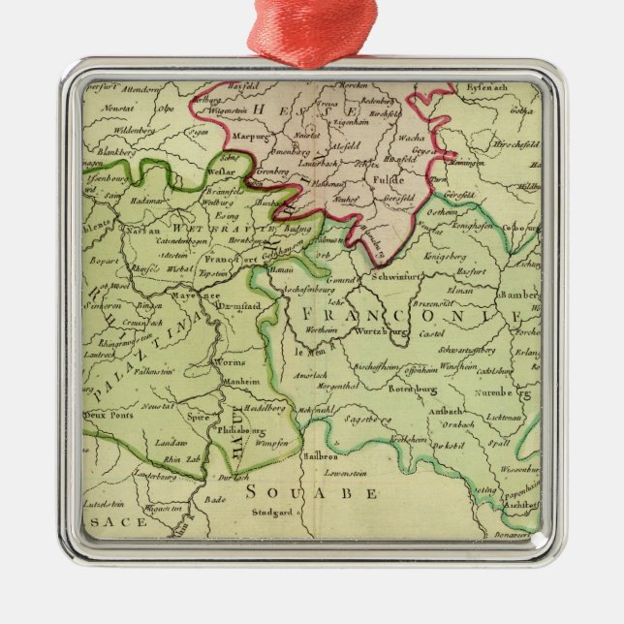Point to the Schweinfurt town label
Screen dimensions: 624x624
point(390,276)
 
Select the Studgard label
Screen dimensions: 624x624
point(270,513)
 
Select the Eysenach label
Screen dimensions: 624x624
point(487,90)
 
